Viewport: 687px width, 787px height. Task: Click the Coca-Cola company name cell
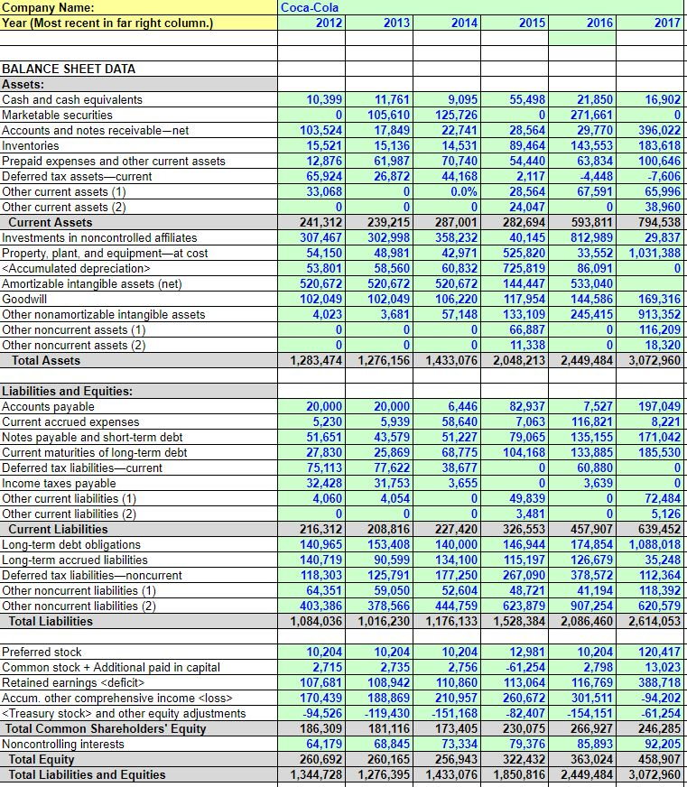(x=302, y=7)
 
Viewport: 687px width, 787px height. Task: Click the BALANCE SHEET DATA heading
(x=69, y=69)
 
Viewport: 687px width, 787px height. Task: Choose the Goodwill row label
(x=26, y=299)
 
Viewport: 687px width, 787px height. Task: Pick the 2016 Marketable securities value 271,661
(x=594, y=115)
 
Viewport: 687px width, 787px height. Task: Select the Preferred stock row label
(x=42, y=652)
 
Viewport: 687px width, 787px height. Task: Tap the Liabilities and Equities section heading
(x=68, y=391)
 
